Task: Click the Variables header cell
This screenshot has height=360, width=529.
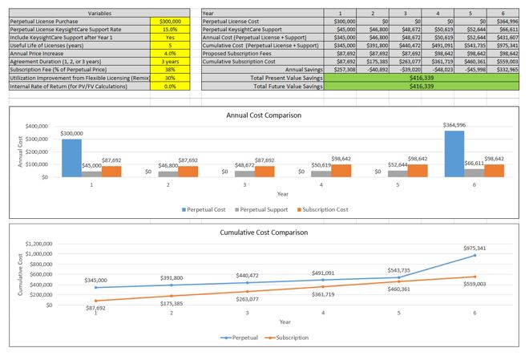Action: [x=77, y=13]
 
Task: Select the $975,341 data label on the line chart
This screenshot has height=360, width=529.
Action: [x=474, y=249]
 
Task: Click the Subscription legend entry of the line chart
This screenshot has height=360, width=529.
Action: [x=287, y=337]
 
